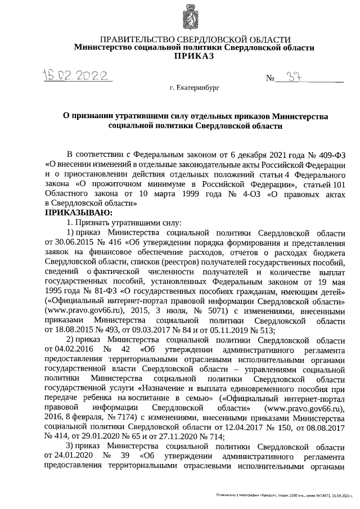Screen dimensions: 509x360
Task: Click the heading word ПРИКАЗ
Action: (194, 57)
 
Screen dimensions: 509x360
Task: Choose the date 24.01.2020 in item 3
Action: (63, 457)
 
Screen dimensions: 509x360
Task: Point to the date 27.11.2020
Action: (169, 436)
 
